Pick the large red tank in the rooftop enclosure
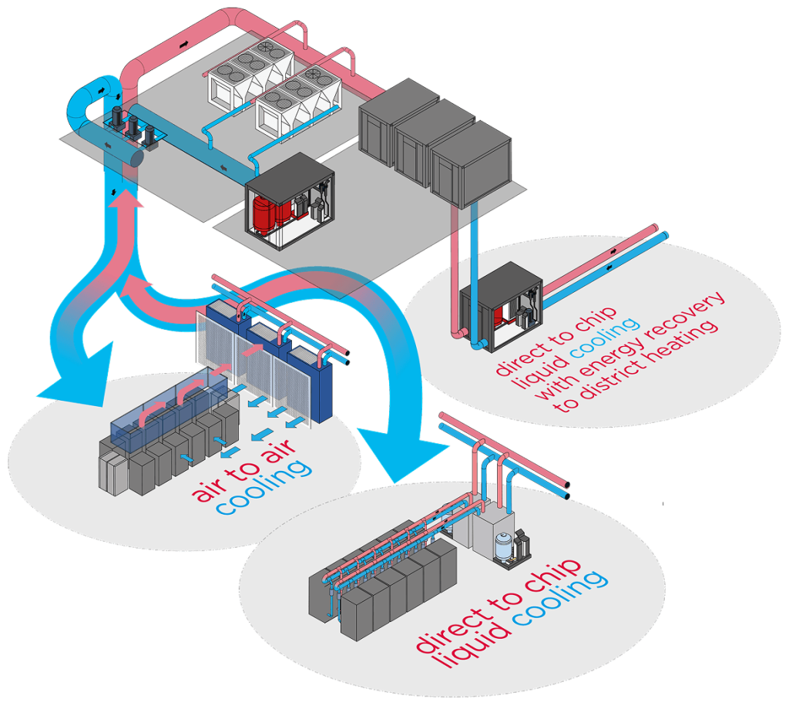point(264,211)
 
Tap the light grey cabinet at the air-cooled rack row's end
point(110,469)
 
